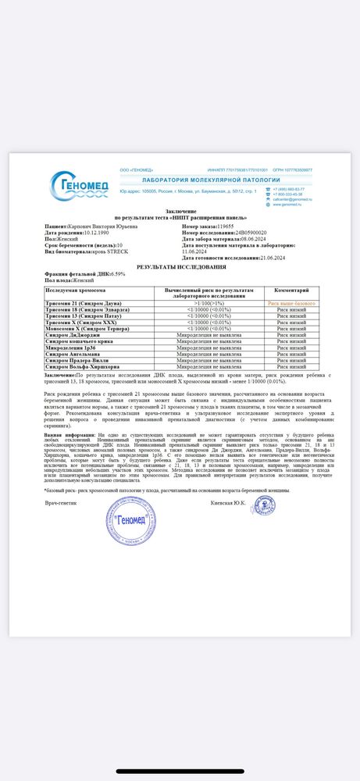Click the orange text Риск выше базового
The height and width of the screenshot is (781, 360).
pyautogui.click(x=291, y=301)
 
